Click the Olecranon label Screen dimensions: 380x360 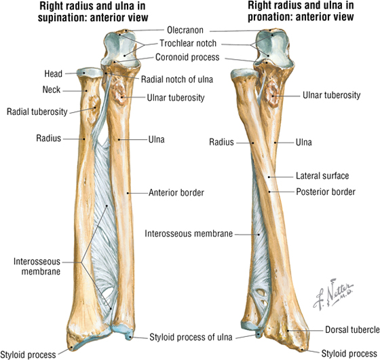pos(185,31)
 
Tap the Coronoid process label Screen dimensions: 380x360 pos(187,57)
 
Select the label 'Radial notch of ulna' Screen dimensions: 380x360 pos(177,79)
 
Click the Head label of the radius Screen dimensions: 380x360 pos(53,73)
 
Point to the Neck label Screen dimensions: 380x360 pos(52,90)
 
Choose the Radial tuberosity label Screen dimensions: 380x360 pos(37,112)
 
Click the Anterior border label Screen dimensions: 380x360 pos(176,193)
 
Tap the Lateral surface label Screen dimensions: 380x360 pos(322,176)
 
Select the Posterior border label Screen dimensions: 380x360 pos(326,192)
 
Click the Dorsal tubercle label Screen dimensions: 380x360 pos(352,329)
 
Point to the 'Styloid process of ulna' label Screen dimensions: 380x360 pos(191,337)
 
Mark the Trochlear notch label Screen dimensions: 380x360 pos(188,43)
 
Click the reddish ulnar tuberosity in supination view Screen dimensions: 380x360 pos(119,92)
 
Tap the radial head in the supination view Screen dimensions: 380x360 pos(90,73)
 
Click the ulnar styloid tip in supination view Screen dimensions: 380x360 pos(130,336)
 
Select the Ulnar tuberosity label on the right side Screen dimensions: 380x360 pos(332,95)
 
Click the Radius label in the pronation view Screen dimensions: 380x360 pos(221,142)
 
